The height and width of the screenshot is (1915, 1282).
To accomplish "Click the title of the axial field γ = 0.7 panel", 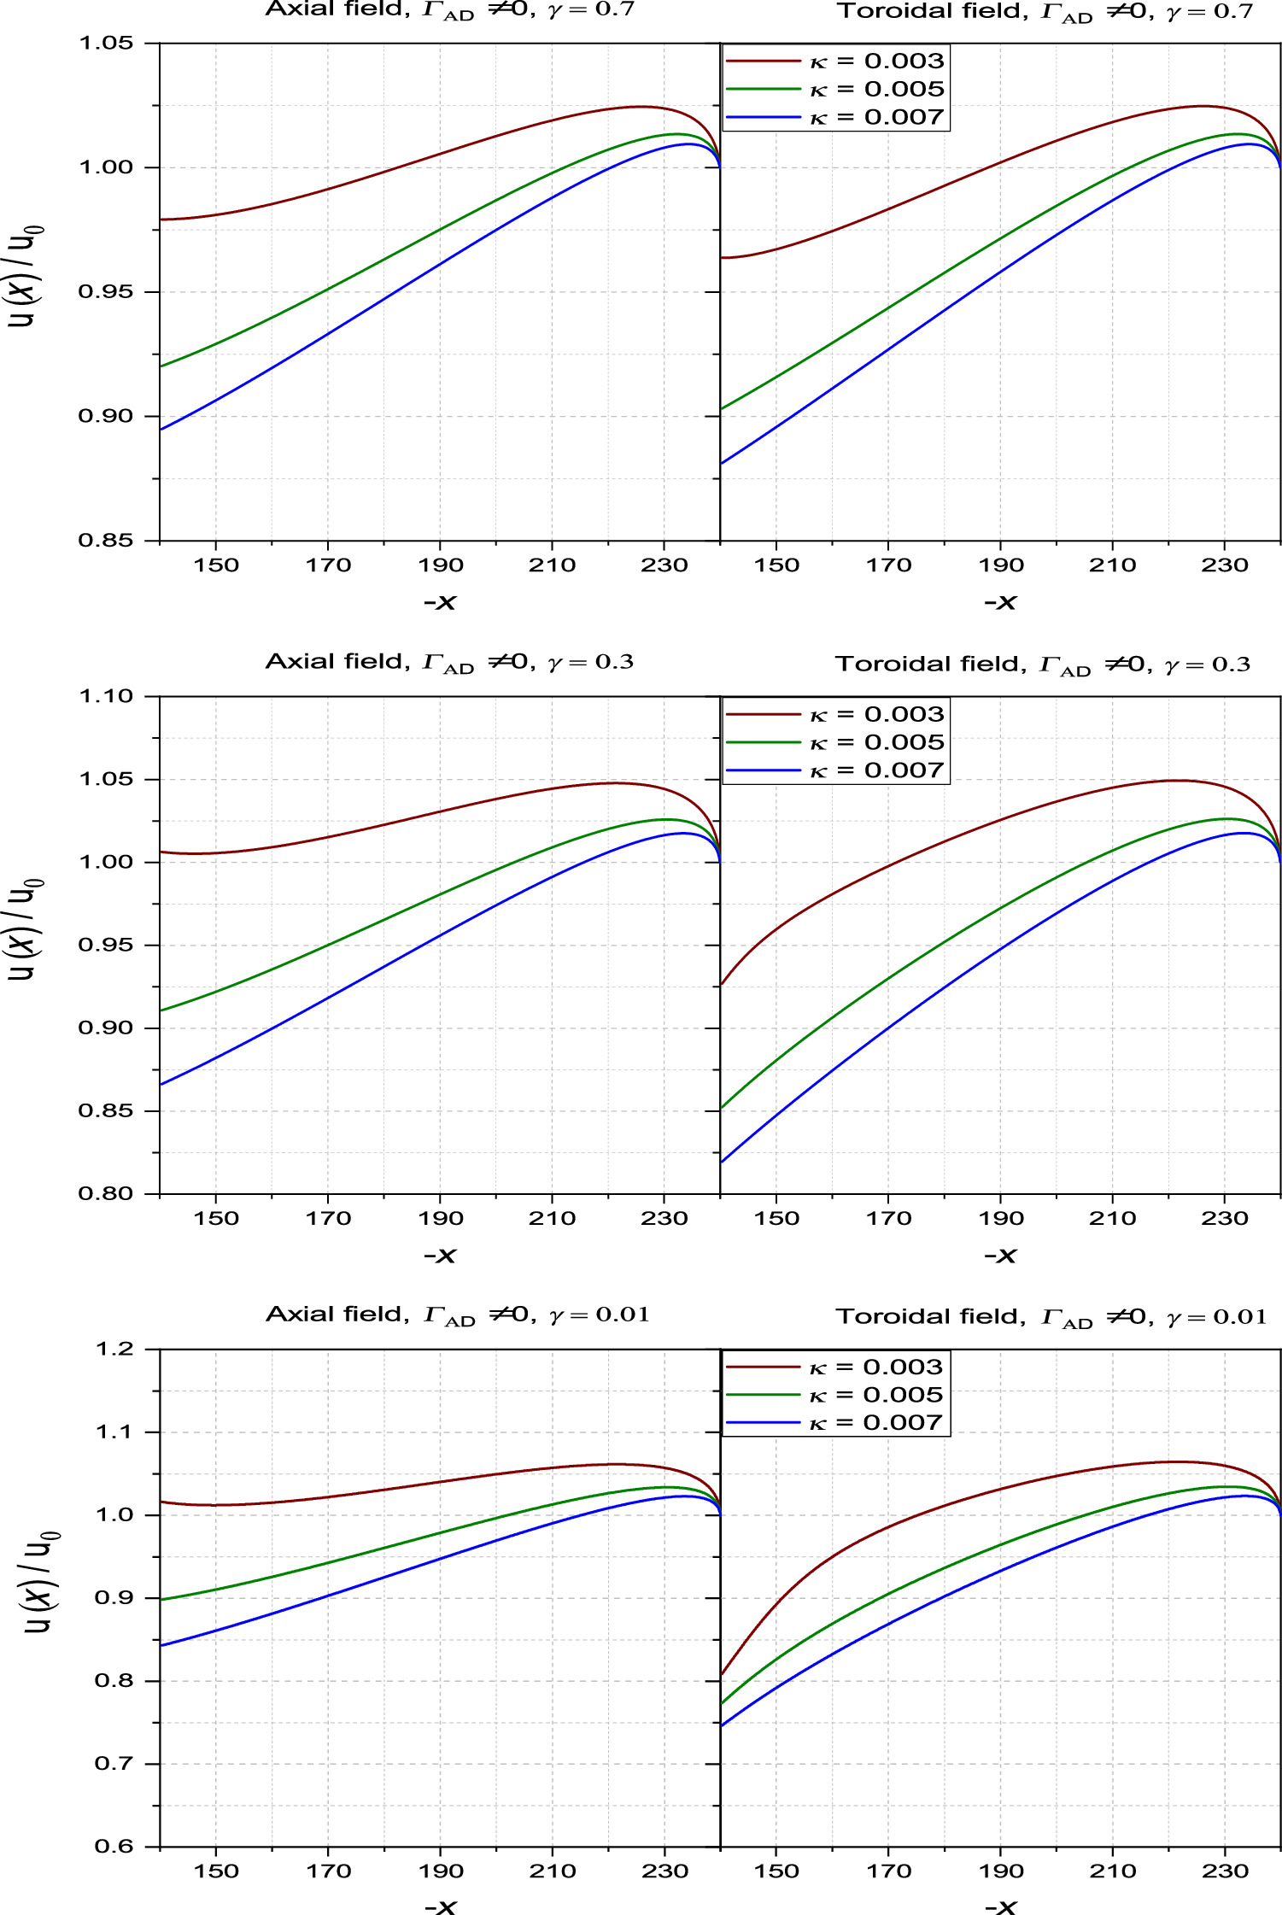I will (450, 10).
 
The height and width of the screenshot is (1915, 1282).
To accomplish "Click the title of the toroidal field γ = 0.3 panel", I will (1042, 665).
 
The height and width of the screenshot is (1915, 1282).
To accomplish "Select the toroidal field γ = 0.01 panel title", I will (1051, 1317).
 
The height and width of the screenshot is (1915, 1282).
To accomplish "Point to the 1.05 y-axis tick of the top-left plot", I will (106, 43).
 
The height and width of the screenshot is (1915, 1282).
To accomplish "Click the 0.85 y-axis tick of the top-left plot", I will (106, 541).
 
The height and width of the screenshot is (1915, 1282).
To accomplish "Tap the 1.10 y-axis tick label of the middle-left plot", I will (106, 696).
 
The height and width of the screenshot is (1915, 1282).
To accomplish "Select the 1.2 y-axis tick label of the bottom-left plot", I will (114, 1350).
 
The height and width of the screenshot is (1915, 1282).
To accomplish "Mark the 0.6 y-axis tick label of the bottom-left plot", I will (114, 1847).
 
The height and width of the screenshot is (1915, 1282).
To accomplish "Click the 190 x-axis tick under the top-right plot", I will (1000, 565).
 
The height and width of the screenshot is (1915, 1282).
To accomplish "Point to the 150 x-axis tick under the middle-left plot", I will (216, 1219).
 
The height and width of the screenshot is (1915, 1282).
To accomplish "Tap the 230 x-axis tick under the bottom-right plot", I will (1225, 1871).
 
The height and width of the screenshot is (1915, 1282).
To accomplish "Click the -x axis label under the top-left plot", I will (440, 603).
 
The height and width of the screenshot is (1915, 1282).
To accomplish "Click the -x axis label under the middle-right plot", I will (1000, 1256).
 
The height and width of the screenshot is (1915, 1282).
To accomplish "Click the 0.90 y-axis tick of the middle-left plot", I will (106, 1028).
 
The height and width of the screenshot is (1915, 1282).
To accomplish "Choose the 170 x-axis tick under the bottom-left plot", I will (328, 1871).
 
